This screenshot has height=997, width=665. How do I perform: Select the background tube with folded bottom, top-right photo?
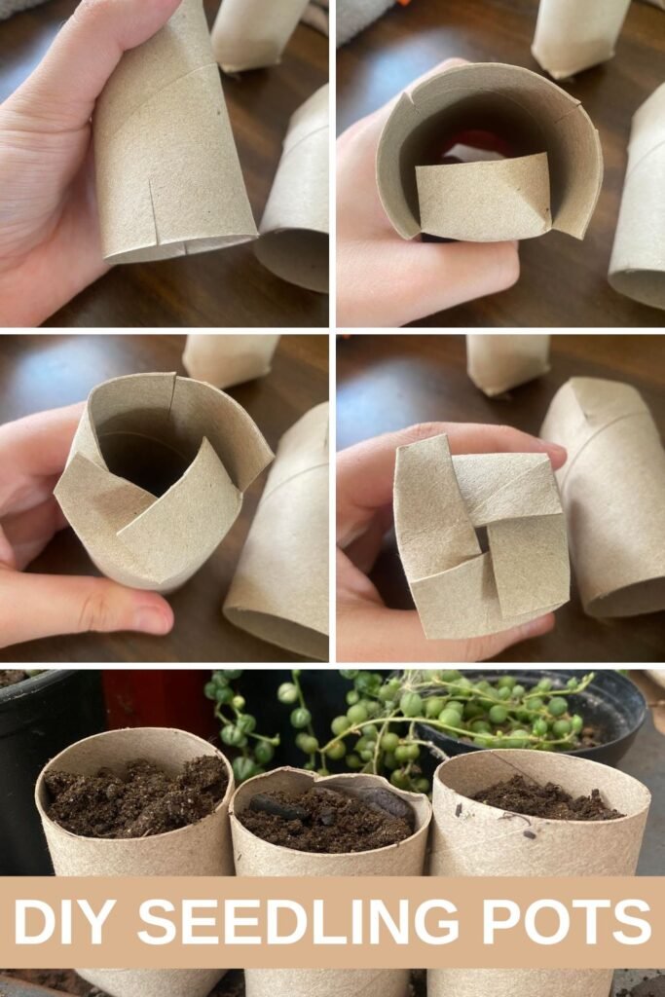pos(580,36)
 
